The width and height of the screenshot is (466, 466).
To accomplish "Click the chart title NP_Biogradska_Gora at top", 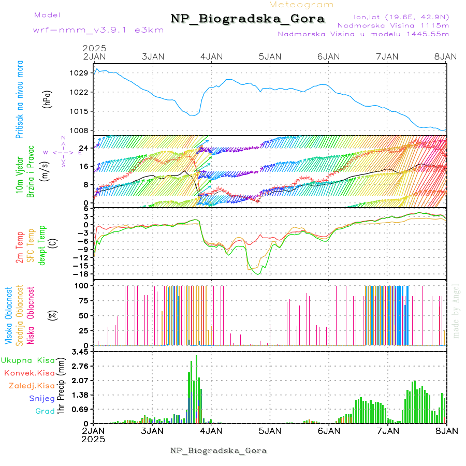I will click(x=247, y=19).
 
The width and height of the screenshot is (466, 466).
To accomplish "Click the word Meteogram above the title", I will click(x=301, y=5).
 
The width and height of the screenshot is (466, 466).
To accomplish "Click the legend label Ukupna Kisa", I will click(x=28, y=360).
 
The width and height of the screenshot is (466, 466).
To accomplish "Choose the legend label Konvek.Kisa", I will click(x=29, y=373).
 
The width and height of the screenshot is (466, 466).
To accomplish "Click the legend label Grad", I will click(x=45, y=412).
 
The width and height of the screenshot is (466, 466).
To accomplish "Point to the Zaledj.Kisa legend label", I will click(x=32, y=386).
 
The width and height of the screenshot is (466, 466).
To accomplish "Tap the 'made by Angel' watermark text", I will click(x=456, y=311).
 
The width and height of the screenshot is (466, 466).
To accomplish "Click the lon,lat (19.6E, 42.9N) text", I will click(x=401, y=17).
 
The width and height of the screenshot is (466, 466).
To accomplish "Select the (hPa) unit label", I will click(x=48, y=98).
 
